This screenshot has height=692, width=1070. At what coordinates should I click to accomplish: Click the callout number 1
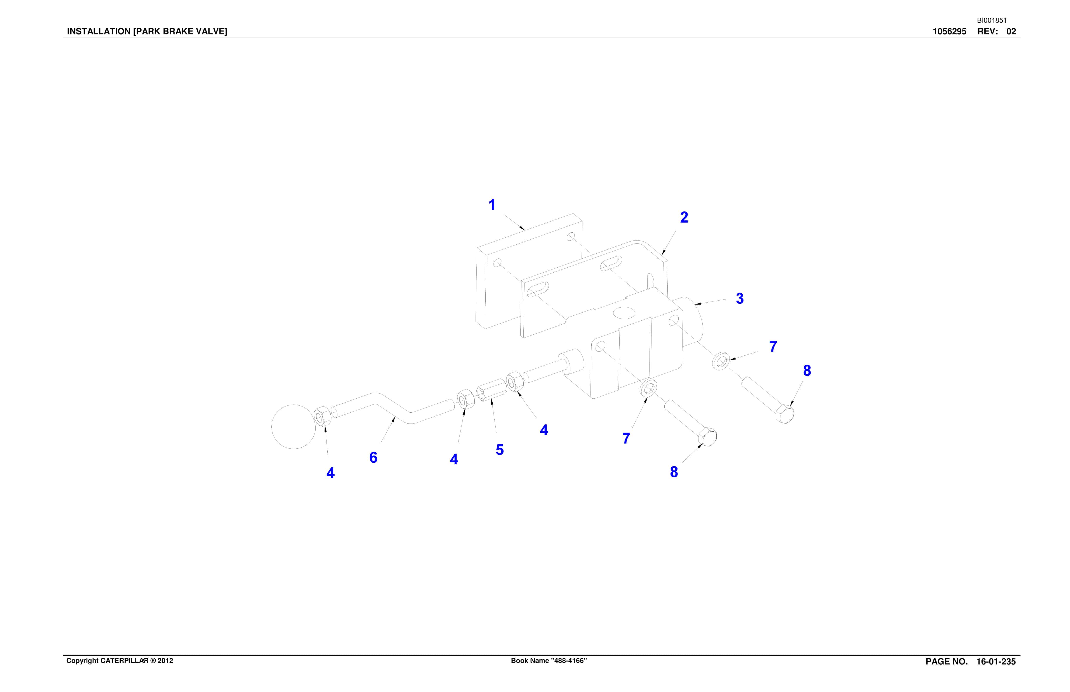492,205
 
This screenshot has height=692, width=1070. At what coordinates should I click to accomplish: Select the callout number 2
684,218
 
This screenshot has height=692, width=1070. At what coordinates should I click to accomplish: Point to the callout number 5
499,450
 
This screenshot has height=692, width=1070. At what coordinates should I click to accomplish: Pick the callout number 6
373,457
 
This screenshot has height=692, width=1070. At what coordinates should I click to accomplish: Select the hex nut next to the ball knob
322,417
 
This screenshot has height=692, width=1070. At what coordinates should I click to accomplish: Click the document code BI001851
991,20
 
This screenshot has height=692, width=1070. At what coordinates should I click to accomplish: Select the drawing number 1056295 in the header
949,31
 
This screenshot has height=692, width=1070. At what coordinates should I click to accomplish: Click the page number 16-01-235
996,661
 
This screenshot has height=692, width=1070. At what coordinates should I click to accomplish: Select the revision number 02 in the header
1011,31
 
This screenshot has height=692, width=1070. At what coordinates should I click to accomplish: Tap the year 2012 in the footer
165,661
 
